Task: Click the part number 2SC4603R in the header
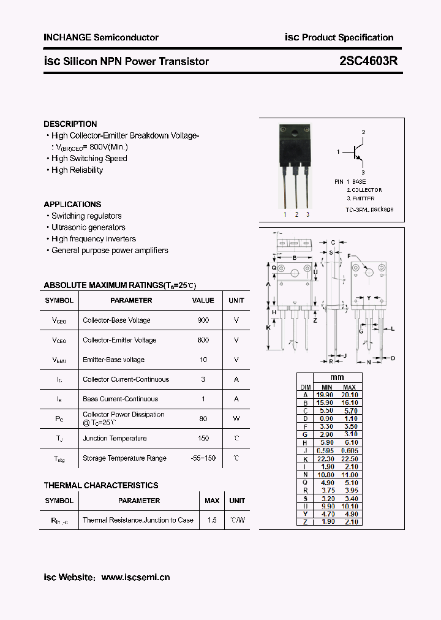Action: [367, 61]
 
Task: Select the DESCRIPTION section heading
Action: [70, 124]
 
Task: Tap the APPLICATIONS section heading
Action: [72, 204]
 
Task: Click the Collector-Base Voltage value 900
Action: [203, 320]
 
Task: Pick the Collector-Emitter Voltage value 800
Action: [203, 340]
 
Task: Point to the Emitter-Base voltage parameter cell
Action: [114, 360]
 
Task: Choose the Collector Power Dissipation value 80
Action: [203, 418]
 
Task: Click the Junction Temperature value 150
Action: [203, 438]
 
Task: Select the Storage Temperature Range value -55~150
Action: [203, 458]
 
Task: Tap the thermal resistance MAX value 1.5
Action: [212, 520]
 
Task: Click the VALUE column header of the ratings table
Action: [203, 300]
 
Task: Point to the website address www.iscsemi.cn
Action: [135, 577]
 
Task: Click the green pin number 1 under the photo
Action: [285, 214]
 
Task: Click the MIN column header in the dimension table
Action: [326, 387]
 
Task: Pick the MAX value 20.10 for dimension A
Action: [349, 395]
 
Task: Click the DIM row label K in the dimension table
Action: [305, 459]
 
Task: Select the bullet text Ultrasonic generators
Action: [88, 227]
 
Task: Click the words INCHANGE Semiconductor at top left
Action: [101, 37]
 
